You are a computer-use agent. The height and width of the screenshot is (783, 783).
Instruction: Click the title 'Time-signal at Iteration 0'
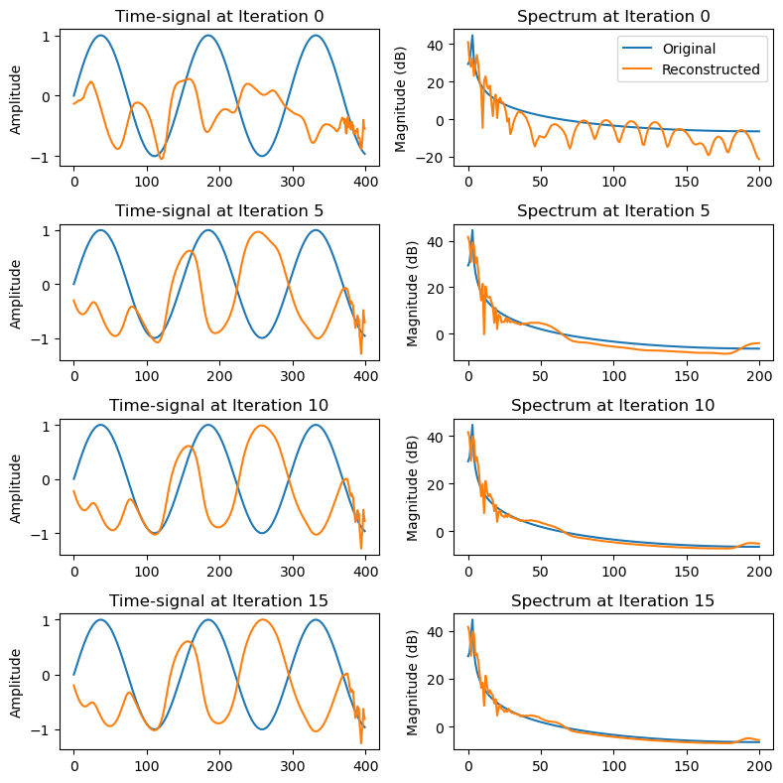(219, 17)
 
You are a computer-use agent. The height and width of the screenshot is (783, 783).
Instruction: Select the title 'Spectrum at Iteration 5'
(613, 210)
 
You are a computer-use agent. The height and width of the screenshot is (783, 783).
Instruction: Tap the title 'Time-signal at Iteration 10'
(218, 406)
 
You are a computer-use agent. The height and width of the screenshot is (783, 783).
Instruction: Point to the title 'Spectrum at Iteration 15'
(612, 600)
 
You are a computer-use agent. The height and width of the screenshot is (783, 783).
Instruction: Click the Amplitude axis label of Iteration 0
(16, 100)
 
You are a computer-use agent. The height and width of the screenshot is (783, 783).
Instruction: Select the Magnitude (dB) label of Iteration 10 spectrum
(412, 488)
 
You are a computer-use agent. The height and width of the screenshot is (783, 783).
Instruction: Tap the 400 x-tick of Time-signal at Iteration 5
(365, 376)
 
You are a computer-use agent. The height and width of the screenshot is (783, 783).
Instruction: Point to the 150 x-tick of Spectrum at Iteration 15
(686, 765)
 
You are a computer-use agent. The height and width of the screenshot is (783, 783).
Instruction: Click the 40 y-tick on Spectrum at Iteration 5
(436, 242)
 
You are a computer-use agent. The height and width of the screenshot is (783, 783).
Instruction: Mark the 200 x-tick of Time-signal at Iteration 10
(219, 571)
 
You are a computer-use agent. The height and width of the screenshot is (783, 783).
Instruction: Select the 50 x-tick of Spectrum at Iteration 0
(540, 182)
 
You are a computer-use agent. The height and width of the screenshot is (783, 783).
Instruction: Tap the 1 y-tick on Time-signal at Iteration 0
(47, 37)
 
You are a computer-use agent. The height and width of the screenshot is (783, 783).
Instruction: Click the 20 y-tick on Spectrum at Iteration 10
(436, 485)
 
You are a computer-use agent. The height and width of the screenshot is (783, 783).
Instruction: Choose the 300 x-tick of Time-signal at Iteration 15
(292, 765)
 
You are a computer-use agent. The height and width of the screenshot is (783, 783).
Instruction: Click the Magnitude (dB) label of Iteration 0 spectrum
(400, 99)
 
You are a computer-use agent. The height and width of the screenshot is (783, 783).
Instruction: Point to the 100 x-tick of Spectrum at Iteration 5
(613, 376)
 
